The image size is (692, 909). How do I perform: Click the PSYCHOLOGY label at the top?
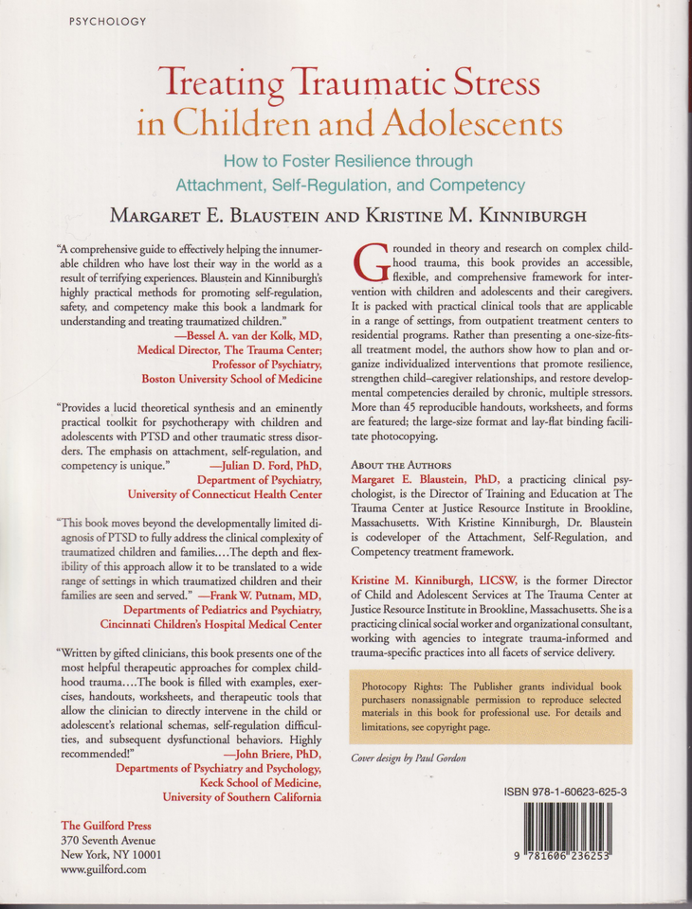(x=107, y=21)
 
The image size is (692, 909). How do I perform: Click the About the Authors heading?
(x=396, y=465)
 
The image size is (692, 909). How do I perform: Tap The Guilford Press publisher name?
(x=105, y=825)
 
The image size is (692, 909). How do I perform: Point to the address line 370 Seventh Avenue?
(x=107, y=840)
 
